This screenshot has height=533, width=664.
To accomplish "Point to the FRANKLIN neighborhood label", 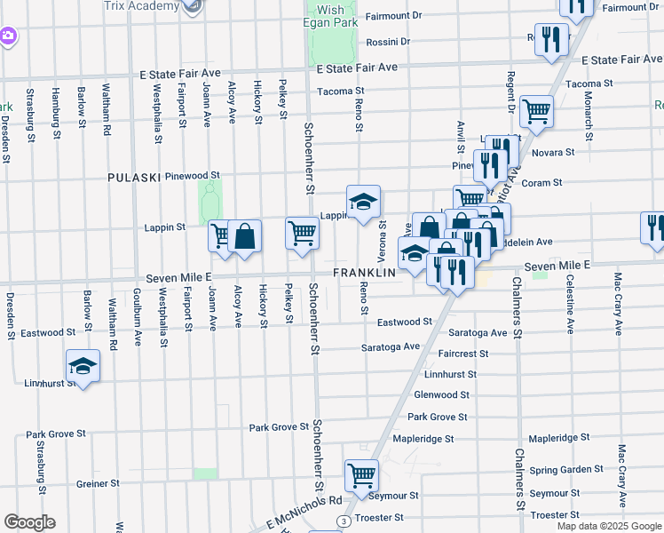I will tap(363, 273).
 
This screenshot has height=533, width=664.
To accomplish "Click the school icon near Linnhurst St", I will tap(83, 365).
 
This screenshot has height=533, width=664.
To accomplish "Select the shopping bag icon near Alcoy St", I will tap(245, 236).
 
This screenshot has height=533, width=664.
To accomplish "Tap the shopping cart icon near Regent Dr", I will tap(536, 112).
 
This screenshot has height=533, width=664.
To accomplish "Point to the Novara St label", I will tap(553, 153).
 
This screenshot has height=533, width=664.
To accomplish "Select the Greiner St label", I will tap(98, 484).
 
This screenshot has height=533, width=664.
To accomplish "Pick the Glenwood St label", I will tap(441, 394).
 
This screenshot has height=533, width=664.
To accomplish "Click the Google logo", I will tap(29, 522).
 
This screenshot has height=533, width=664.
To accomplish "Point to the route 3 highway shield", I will tap(342, 521).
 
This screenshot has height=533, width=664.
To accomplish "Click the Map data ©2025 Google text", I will tap(608, 526).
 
